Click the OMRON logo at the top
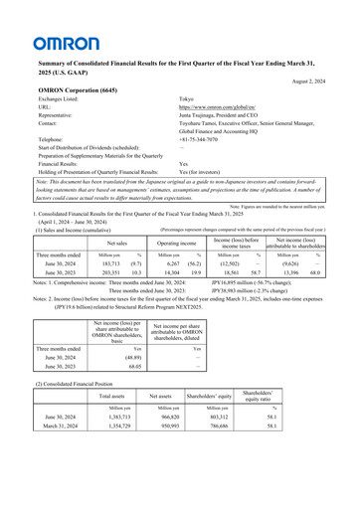point(65,43)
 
